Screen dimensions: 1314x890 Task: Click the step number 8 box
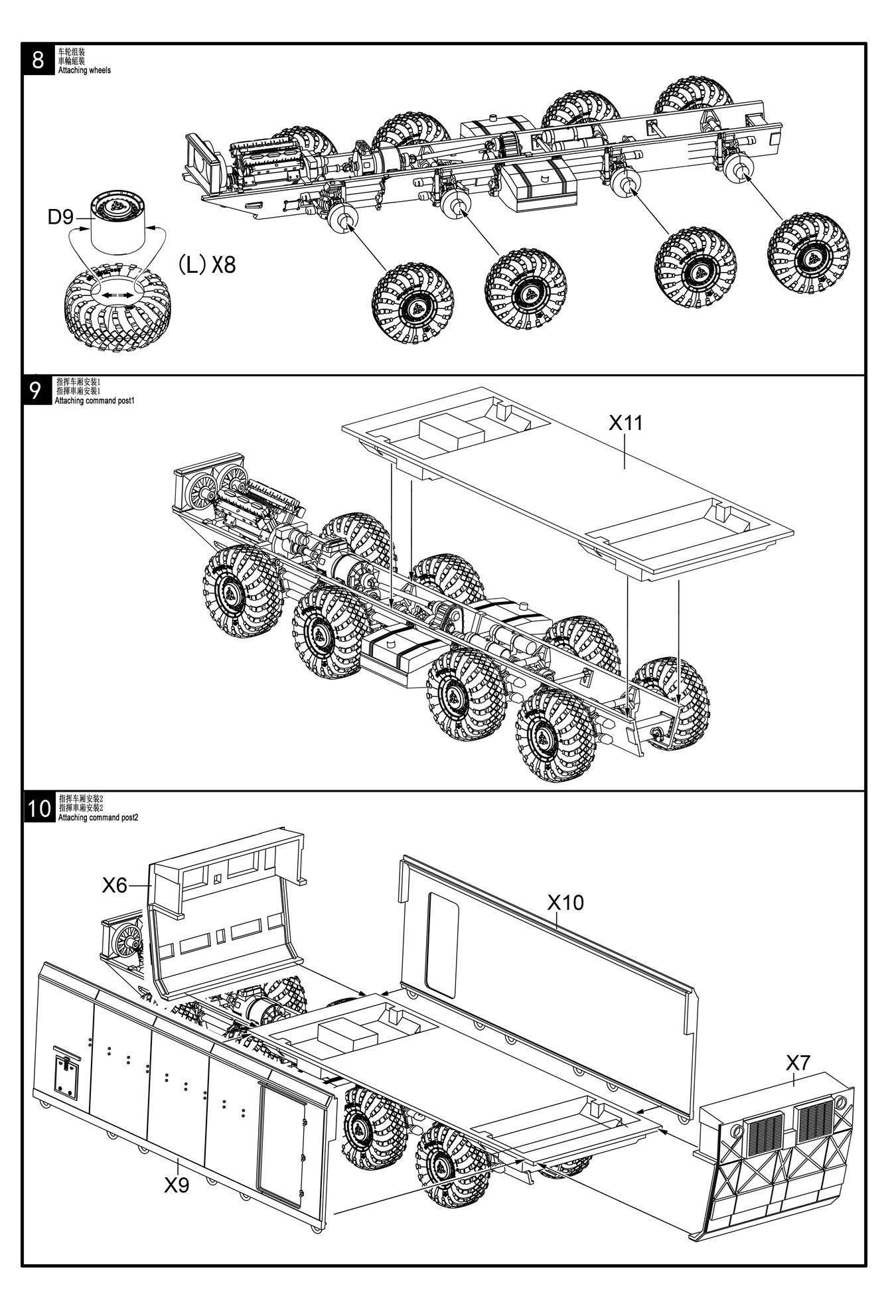pyautogui.click(x=38, y=60)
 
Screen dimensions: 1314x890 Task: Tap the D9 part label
pyautogui.click(x=60, y=217)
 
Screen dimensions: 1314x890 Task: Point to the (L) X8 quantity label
pyautogui.click(x=206, y=265)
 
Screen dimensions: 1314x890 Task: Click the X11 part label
pyautogui.click(x=626, y=423)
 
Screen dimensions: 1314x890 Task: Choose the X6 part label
pyautogui.click(x=115, y=885)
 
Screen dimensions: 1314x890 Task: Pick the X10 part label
pyautogui.click(x=565, y=902)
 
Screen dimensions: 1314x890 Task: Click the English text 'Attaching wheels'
pyautogui.click(x=85, y=70)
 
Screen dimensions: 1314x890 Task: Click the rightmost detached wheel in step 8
pyautogui.click(x=808, y=254)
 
